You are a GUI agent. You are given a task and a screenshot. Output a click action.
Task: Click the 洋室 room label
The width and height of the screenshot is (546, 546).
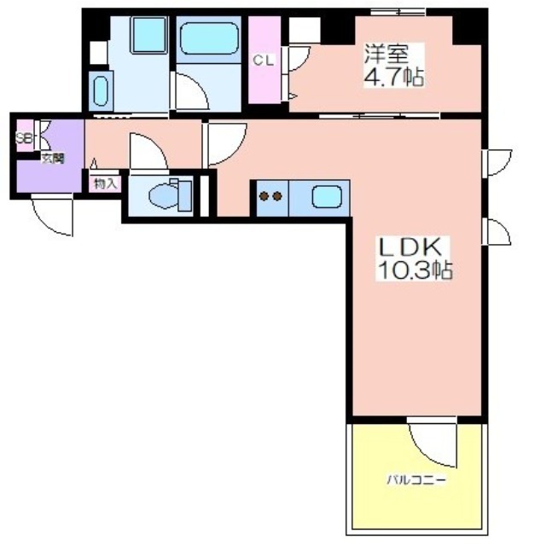click(386, 54)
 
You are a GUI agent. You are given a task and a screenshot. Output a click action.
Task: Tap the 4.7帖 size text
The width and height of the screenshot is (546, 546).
click(394, 77)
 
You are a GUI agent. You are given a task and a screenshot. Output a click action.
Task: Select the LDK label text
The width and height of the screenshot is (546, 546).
click(410, 247)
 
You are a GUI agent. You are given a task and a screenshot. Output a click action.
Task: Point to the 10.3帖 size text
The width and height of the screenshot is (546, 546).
click(415, 270)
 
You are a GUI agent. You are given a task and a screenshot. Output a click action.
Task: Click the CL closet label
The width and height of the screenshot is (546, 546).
click(264, 61)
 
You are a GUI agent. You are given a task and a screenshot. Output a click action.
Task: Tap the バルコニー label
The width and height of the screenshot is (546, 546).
click(416, 480)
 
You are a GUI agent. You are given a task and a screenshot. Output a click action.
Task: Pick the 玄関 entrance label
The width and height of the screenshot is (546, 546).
click(53, 159)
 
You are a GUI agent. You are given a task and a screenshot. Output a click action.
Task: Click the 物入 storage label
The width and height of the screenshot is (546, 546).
click(106, 183)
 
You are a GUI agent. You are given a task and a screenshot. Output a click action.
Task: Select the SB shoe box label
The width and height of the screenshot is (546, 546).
click(24, 139)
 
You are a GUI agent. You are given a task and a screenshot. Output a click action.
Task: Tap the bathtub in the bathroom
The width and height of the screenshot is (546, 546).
click(209, 38)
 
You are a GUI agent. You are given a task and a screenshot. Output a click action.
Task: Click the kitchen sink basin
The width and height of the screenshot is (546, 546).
click(327, 197)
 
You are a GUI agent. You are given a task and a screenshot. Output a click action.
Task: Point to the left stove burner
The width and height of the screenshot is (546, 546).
click(264, 197)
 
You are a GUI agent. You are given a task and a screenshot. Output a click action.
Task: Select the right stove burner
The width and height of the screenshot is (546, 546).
click(277, 197)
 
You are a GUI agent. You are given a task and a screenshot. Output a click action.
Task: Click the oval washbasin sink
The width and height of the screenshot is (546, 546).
click(101, 91)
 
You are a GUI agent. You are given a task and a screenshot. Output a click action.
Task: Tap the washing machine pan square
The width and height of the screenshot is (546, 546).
click(148, 35)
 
